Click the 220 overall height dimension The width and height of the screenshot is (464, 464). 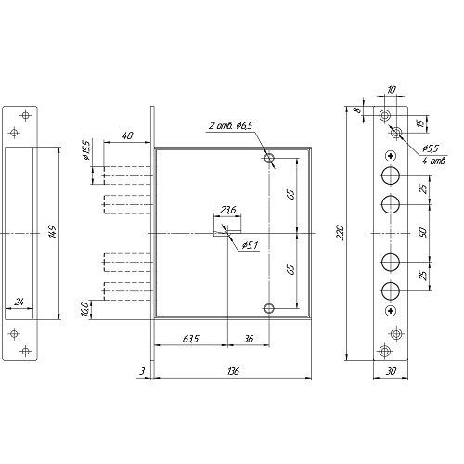pyautogui.click(x=341, y=233)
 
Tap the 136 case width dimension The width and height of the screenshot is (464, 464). pyautogui.click(x=232, y=371)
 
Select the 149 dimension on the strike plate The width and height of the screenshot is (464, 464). pyautogui.click(x=53, y=232)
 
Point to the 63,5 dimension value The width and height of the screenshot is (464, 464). pyautogui.click(x=190, y=339)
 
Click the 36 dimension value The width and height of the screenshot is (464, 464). pyautogui.click(x=249, y=339)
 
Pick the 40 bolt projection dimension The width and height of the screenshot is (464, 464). pyautogui.click(x=127, y=135)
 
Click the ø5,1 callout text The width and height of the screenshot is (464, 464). pyautogui.click(x=250, y=246)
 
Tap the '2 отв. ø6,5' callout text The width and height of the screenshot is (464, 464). pyautogui.click(x=231, y=125)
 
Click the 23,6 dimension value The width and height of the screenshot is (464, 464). pyautogui.click(x=227, y=211)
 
